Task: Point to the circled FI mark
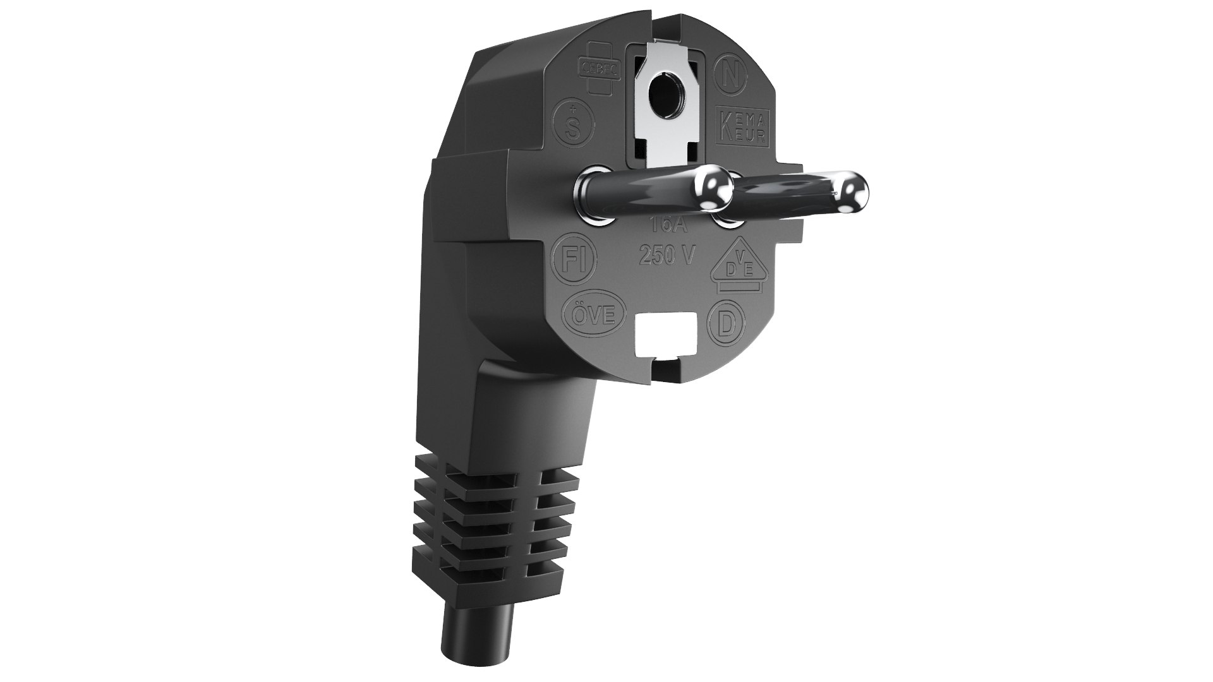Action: click(574, 258)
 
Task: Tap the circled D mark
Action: click(727, 325)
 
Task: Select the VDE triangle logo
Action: click(737, 267)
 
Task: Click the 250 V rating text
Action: click(667, 256)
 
